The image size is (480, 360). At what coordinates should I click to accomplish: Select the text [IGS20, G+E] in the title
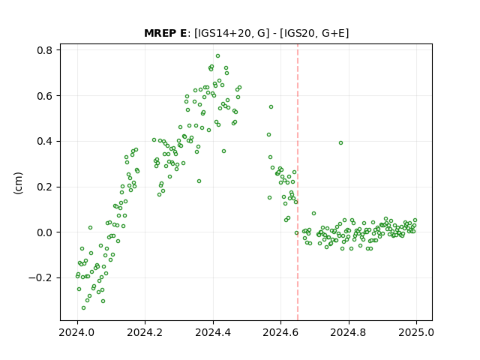pos(314,33)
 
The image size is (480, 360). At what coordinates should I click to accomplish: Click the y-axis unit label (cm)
pos(18,183)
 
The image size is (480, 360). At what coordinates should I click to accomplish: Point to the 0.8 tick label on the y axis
pos(44,50)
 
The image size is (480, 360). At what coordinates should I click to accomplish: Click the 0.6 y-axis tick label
pos(44,96)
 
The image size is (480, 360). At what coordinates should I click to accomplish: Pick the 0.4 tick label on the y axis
pos(44,142)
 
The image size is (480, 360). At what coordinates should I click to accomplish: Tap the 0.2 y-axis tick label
pos(44,187)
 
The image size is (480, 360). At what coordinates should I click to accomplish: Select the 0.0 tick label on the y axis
pos(44,232)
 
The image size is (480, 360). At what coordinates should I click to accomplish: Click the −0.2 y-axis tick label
pos(40,278)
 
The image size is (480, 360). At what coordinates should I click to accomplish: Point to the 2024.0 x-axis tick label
pos(76,332)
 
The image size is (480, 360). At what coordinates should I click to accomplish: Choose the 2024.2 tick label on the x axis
pos(145,332)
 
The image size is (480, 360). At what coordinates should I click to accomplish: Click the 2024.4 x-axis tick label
pos(213,332)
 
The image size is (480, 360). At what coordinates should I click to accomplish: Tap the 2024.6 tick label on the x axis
pos(280,332)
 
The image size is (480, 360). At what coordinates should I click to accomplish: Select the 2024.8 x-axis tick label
pos(348,332)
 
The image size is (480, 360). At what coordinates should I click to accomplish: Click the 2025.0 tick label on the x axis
pos(416,332)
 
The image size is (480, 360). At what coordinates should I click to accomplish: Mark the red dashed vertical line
pos(298,182)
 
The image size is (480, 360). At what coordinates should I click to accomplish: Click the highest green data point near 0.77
pos(217,56)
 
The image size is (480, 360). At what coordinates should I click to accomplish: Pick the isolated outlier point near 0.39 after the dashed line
pos(340,143)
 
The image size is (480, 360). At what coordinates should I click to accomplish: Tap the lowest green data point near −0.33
pos(83,308)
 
